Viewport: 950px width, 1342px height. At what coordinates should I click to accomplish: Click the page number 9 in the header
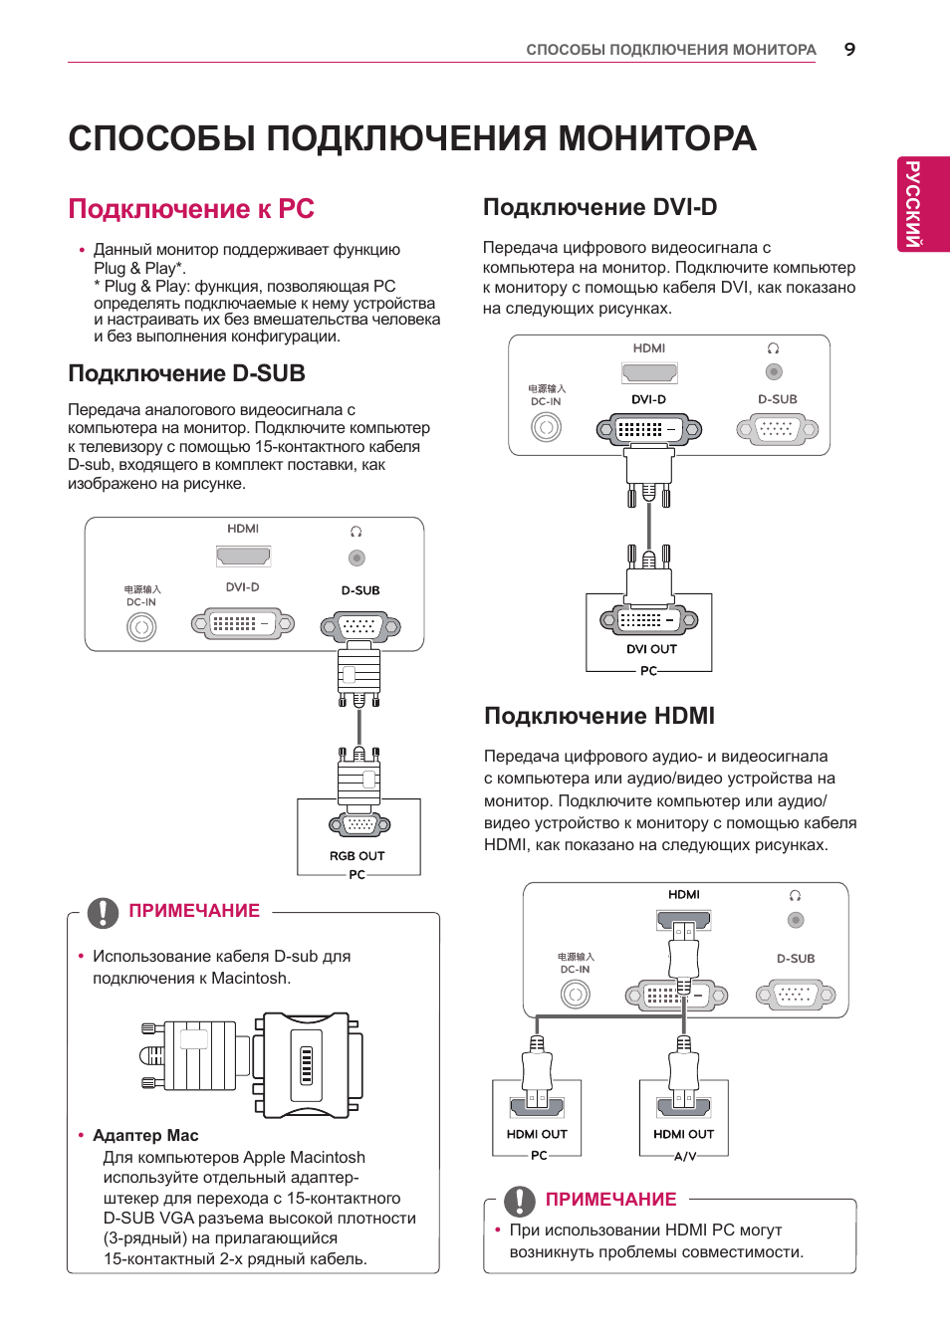click(849, 50)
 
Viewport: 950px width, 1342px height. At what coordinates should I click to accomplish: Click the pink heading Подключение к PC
click(191, 209)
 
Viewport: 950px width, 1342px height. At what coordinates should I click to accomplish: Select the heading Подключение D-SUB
click(186, 373)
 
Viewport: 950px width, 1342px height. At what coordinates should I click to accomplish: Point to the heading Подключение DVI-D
click(599, 207)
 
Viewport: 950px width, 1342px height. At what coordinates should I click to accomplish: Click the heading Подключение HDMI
click(599, 716)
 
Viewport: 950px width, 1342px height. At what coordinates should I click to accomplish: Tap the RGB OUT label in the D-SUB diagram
click(356, 856)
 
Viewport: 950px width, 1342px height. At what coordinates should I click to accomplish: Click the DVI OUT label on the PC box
click(651, 649)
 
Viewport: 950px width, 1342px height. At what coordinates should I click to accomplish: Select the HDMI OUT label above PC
click(537, 1134)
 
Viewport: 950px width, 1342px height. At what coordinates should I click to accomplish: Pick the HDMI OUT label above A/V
click(683, 1134)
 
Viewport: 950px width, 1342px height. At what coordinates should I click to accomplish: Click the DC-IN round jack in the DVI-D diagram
click(546, 427)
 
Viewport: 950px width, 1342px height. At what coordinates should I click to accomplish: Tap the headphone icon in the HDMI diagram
click(795, 895)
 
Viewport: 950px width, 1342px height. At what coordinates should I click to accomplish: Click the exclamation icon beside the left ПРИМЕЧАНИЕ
click(103, 912)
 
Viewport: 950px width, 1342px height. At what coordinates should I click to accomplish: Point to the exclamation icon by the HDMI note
click(520, 1201)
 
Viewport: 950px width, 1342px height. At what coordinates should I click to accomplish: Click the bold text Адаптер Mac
click(145, 1135)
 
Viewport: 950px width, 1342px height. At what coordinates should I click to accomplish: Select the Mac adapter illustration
click(252, 1065)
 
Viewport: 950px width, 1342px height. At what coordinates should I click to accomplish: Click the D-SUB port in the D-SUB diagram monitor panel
click(360, 627)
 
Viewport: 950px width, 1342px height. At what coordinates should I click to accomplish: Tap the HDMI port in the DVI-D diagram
click(649, 372)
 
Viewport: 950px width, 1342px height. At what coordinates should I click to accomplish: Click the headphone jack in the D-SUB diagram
click(356, 559)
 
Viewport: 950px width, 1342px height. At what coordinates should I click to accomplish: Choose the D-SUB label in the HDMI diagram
click(796, 959)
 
